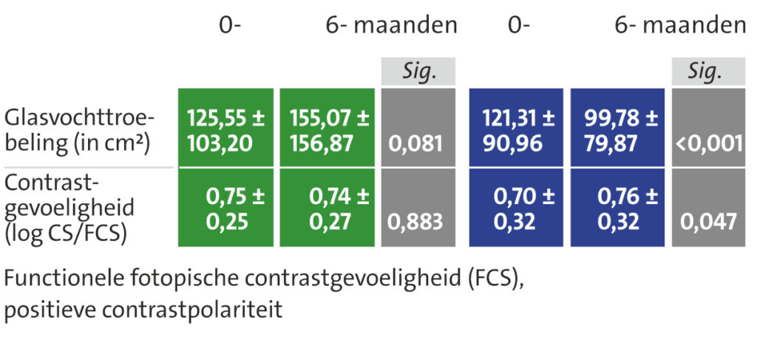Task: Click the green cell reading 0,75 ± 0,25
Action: [x=225, y=208]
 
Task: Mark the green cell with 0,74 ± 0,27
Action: [x=327, y=208]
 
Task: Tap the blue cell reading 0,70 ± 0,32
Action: [x=516, y=208]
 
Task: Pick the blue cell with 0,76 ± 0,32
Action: [x=618, y=208]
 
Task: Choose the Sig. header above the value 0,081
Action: [x=418, y=72]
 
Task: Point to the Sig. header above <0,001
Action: [x=708, y=72]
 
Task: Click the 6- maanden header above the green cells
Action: [x=391, y=26]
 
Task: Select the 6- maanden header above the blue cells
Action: [x=680, y=26]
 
